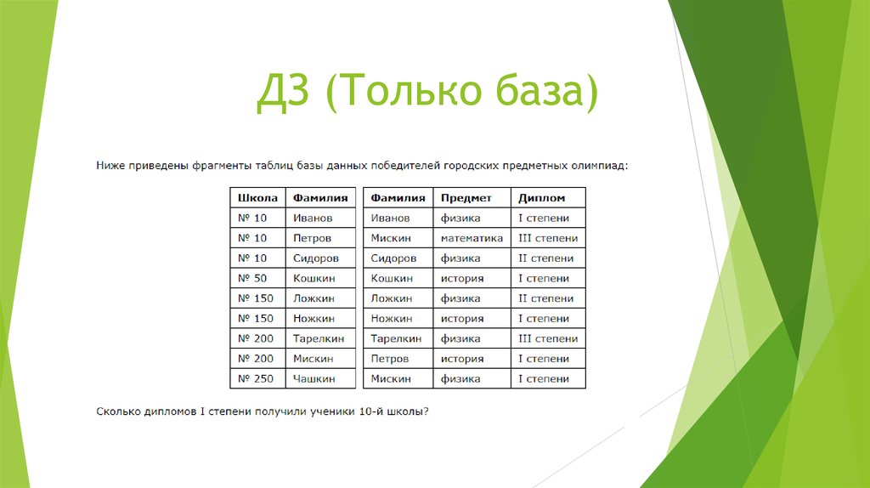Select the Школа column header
pyautogui.click(x=257, y=198)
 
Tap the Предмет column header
pyautogui.click(x=466, y=198)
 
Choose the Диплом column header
pyautogui.click(x=541, y=198)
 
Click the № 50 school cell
pyautogui.click(x=252, y=279)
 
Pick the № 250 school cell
pyautogui.click(x=256, y=379)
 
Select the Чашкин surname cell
pyautogui.click(x=314, y=379)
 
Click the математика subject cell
pyautogui.click(x=472, y=239)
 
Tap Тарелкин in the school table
pyautogui.click(x=319, y=339)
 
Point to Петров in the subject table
pyautogui.click(x=389, y=359)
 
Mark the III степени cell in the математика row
pyautogui.click(x=548, y=239)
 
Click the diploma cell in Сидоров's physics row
pyautogui.click(x=545, y=258)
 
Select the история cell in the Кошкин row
pyautogui.click(x=461, y=279)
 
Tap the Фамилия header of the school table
pyautogui.click(x=320, y=198)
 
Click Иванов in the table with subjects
pyautogui.click(x=390, y=218)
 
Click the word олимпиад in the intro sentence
pyautogui.click(x=599, y=165)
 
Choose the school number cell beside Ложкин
pyautogui.click(x=256, y=299)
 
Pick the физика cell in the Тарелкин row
pyautogui.click(x=460, y=339)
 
